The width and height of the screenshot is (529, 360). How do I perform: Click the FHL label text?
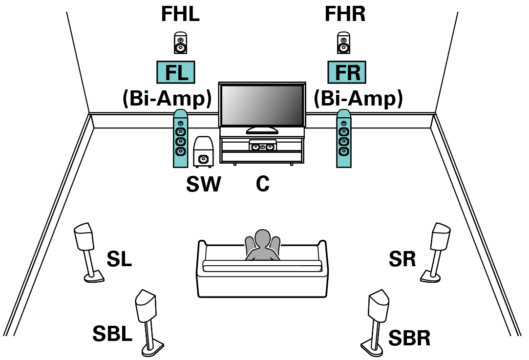point(180,15)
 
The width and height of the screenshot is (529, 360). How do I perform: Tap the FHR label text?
point(345,15)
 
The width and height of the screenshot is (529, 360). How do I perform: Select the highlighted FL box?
point(175,73)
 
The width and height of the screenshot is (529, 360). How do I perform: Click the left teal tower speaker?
point(180,139)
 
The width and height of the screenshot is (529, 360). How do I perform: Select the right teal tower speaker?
point(343,139)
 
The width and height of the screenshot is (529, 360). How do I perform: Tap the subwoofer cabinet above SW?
point(203,152)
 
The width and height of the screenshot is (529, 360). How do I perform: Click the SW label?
point(203,184)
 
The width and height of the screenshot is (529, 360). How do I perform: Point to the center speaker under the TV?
point(262,146)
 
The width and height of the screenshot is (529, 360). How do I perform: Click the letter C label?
point(263,184)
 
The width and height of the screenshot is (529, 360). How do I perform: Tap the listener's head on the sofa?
point(262,240)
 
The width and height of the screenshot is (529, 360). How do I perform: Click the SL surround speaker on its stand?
point(85,238)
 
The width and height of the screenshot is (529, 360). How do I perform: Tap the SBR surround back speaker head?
point(379,306)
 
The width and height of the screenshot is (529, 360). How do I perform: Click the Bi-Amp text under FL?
point(167,99)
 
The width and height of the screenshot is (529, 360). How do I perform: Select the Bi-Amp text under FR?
point(358,99)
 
